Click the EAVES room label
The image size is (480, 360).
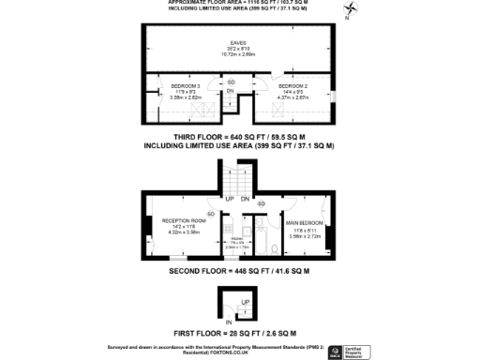point(240,46)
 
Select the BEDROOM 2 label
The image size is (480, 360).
point(295,87)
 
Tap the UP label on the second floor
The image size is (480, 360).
point(228,199)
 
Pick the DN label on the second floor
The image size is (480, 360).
point(245,199)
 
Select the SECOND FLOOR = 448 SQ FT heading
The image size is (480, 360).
point(239,272)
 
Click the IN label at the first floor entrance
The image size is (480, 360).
point(228,322)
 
